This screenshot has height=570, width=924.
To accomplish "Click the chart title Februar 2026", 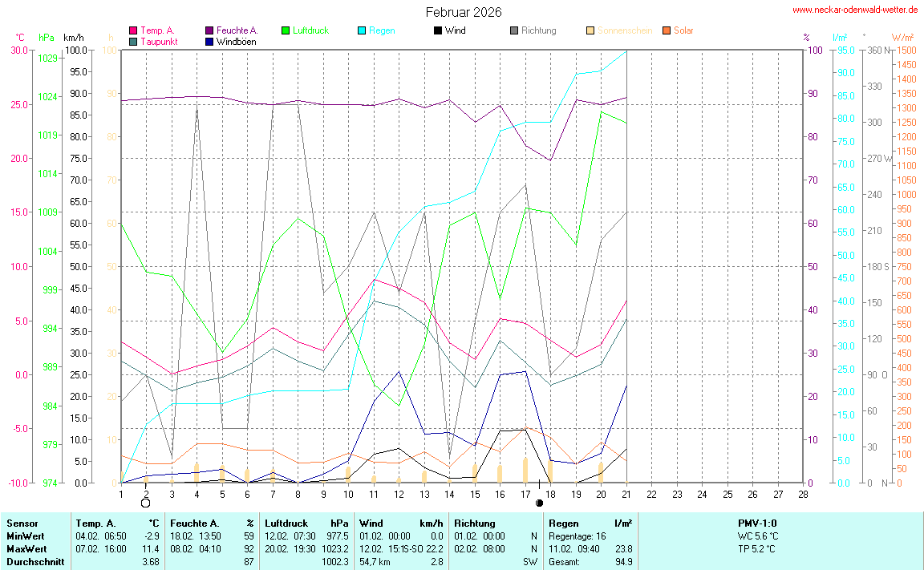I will tap(464, 12).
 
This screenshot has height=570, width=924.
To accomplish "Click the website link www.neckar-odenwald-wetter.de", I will tap(855, 10).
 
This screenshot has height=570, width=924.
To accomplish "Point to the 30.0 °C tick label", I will tap(19, 50).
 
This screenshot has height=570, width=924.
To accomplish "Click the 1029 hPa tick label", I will tap(47, 59).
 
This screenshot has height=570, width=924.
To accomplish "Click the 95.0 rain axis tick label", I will tap(845, 50).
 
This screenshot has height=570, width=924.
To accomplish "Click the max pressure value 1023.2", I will tap(336, 549).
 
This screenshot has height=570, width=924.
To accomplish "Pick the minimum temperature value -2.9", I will tap(151, 536).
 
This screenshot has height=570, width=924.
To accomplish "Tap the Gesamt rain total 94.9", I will tap(622, 562).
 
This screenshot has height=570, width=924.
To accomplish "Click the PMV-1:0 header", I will tap(756, 524).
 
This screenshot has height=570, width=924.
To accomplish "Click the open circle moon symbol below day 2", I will tap(145, 503).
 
